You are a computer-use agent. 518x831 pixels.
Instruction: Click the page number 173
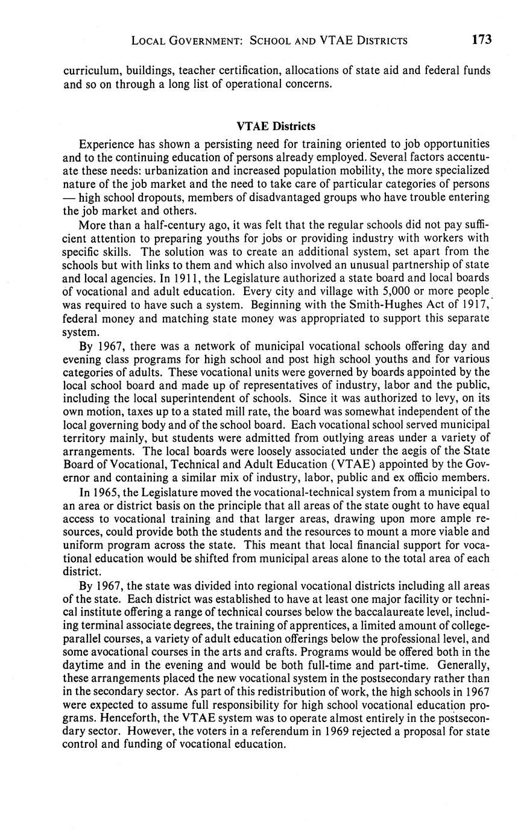[482, 40]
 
